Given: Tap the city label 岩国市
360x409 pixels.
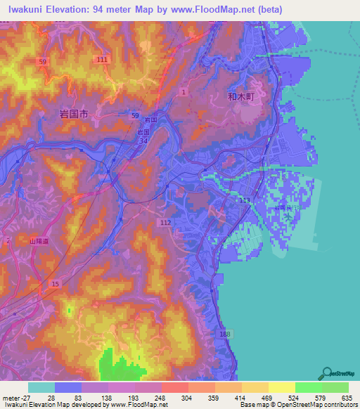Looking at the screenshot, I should tap(75, 112).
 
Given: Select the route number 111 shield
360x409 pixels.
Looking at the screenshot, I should tap(102, 60).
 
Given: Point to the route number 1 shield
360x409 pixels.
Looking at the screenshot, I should tap(184, 91).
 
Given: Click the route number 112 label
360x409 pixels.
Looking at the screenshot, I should tap(166, 222).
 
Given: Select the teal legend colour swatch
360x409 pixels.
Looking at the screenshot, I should tap(41, 387).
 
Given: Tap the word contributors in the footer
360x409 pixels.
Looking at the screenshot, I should tap(340, 405).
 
